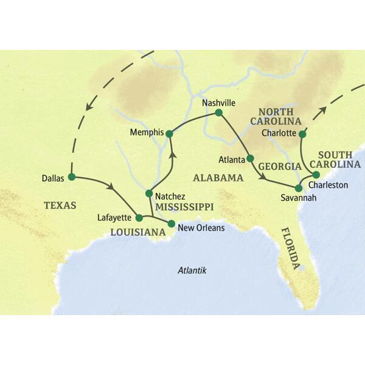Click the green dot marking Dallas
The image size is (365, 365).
[71, 177]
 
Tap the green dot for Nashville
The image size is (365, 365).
[219, 113]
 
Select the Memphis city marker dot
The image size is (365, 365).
[170, 133]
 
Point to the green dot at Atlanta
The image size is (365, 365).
[250, 159]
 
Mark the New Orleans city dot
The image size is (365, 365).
[171, 223]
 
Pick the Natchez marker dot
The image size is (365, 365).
[149, 193]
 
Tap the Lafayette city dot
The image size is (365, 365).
[139, 217]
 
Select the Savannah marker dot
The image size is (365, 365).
[298, 188]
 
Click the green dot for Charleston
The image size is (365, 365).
[316, 175]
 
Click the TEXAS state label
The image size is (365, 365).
[60, 206]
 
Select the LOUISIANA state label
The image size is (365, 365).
[138, 232]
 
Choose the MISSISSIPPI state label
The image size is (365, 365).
[184, 207]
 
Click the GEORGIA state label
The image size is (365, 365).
[280, 166]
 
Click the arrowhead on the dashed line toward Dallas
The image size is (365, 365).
[89, 106]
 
